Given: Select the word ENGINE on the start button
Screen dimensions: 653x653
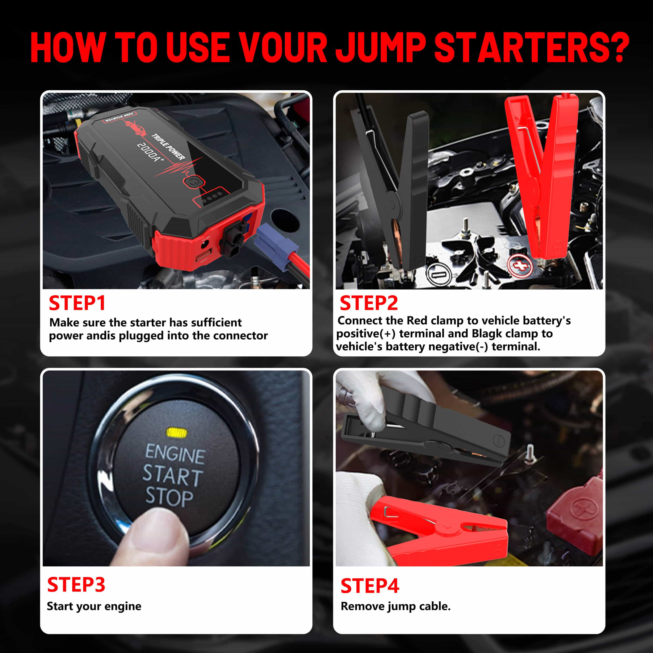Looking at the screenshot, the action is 175,454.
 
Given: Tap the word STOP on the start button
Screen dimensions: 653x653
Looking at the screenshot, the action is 170,497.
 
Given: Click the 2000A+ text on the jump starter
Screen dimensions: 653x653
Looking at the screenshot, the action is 150,152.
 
